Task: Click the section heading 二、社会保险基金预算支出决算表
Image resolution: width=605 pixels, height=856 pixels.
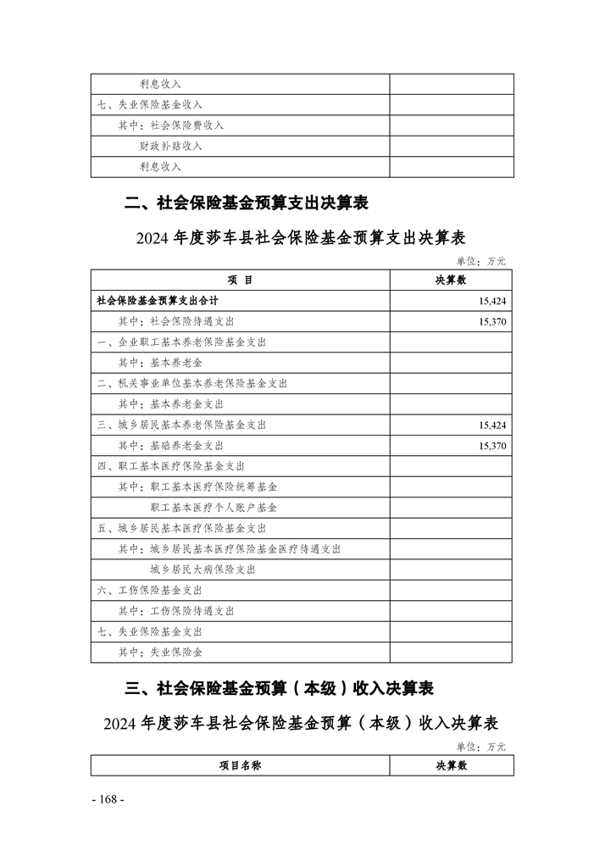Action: [x=246, y=203]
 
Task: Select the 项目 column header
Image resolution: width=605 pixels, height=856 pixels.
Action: [x=240, y=280]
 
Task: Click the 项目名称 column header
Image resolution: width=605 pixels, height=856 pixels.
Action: [x=240, y=765]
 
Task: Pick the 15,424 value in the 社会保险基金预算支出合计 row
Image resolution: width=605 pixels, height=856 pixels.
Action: [x=491, y=301]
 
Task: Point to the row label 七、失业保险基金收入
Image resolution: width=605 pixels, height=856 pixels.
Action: [x=149, y=104]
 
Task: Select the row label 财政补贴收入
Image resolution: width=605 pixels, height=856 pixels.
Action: [x=171, y=146]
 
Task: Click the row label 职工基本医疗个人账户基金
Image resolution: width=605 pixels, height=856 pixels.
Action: [x=214, y=508]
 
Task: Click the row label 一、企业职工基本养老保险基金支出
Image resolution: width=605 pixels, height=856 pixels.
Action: [x=181, y=342]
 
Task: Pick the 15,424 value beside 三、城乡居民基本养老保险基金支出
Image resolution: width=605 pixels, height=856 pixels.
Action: [x=491, y=425]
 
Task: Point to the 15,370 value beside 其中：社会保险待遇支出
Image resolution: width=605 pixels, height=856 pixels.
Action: [x=491, y=322]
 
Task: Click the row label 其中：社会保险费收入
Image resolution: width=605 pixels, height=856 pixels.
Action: [x=170, y=125]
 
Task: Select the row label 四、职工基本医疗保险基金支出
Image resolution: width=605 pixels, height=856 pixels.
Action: [x=170, y=466]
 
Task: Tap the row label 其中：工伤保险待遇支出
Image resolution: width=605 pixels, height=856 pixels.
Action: [x=176, y=611]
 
